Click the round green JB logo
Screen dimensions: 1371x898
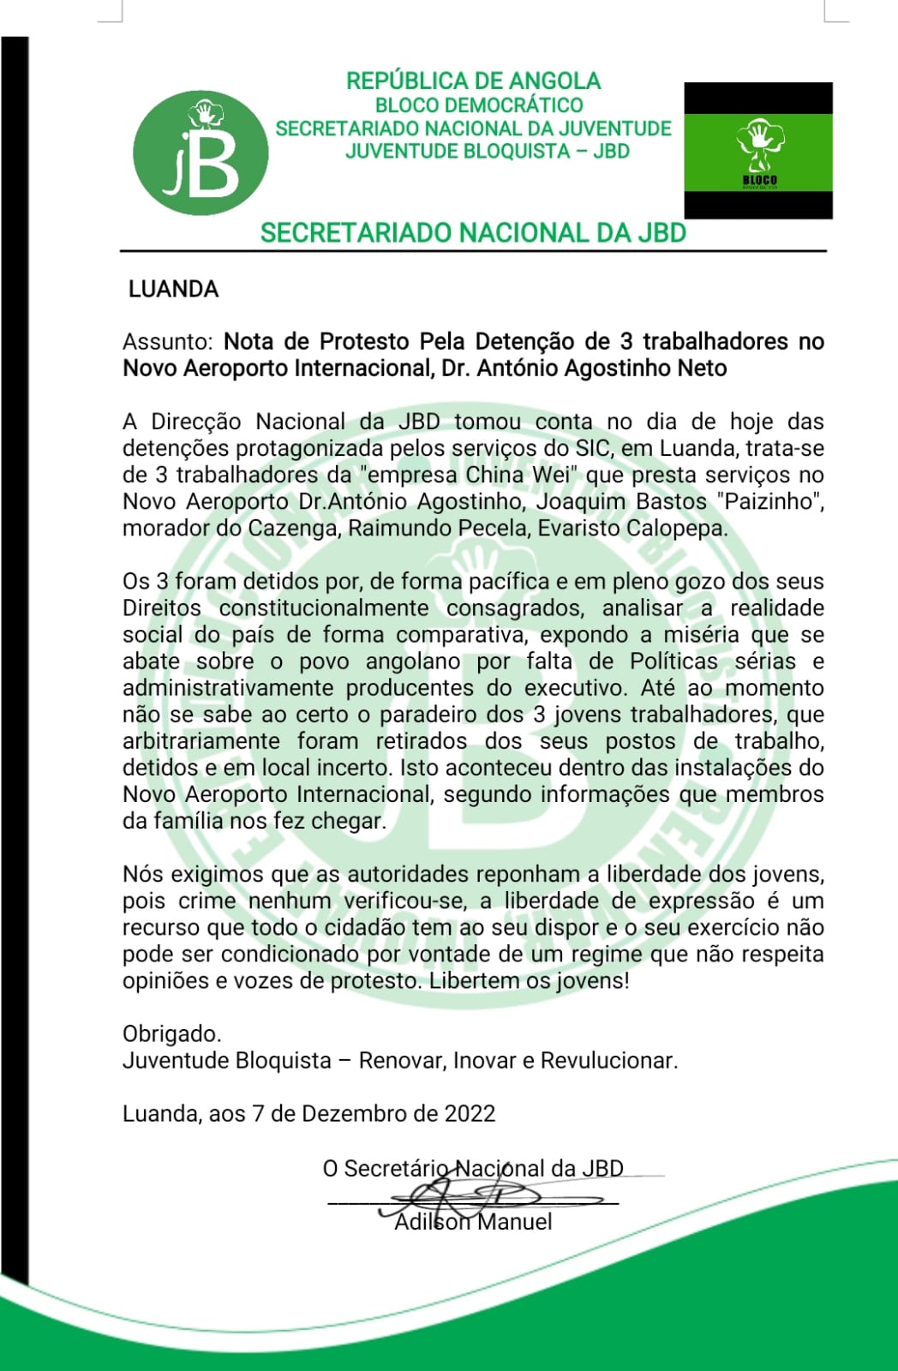point(201,153)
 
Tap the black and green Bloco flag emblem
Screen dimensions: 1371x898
point(757,151)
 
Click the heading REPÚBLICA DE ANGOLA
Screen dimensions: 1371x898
point(473,81)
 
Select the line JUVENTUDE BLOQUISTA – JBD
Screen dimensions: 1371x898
point(487,152)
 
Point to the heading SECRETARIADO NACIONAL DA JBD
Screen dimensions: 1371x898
point(473,233)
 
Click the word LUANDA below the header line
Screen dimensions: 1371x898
point(173,290)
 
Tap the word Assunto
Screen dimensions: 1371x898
point(166,342)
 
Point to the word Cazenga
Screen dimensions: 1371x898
point(291,528)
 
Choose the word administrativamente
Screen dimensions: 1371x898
point(227,688)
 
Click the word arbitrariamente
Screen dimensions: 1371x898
point(201,741)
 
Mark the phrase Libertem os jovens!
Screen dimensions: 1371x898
point(529,981)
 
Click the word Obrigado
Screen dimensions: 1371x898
point(171,1034)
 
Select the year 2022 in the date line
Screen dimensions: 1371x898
point(470,1114)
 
